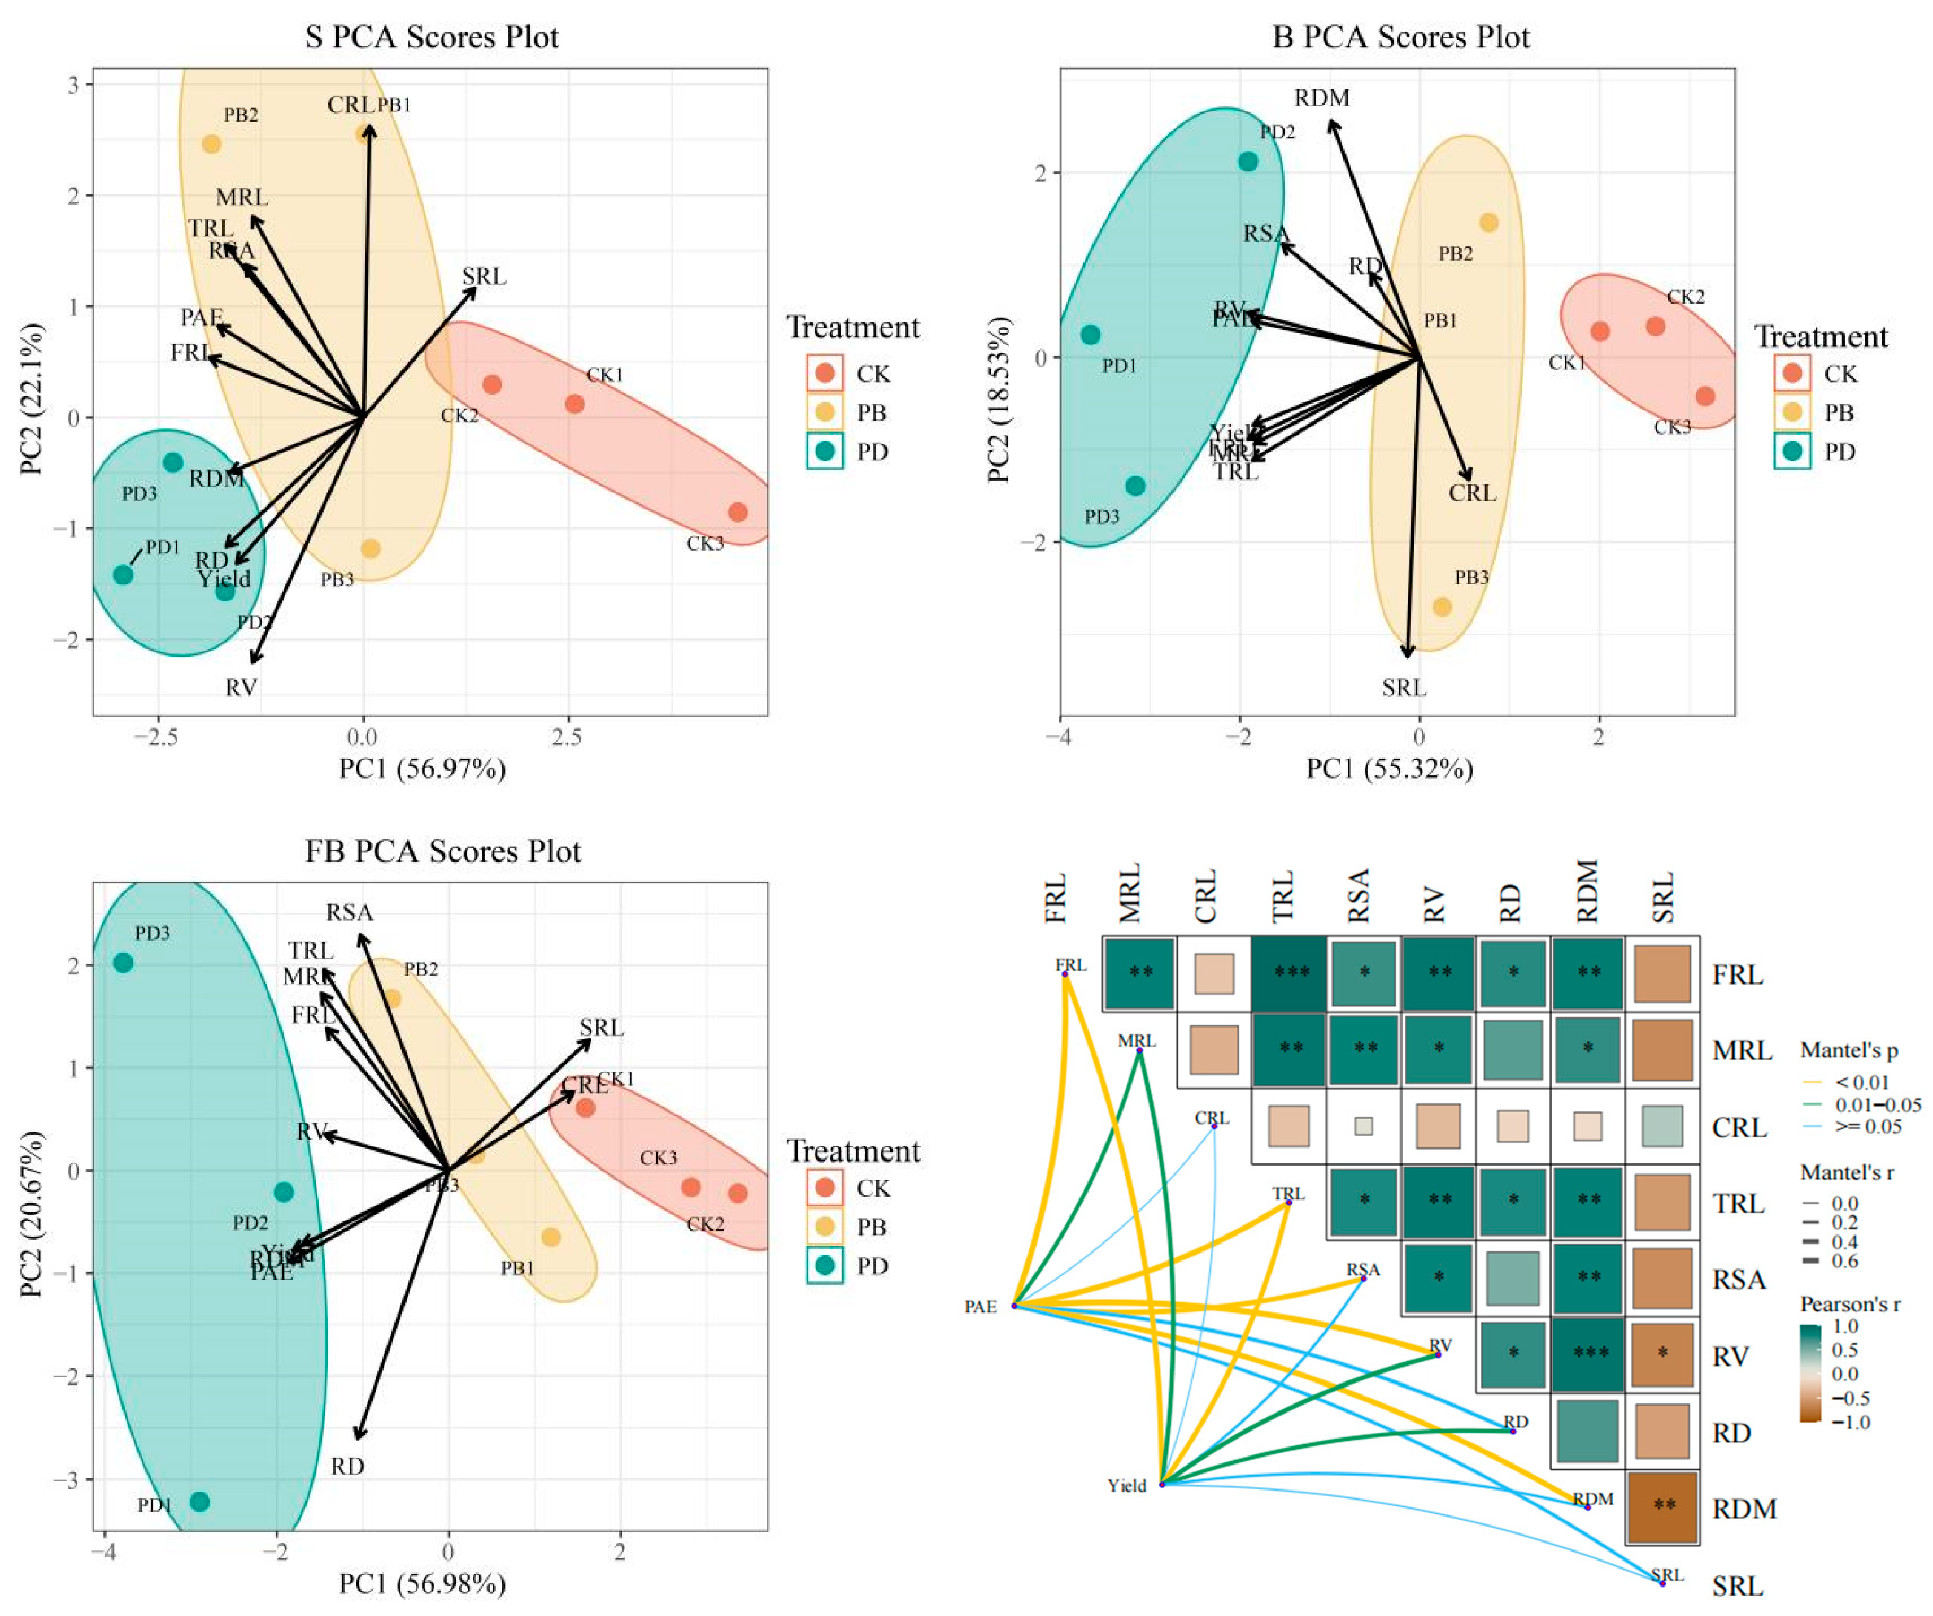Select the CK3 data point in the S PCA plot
click(737, 512)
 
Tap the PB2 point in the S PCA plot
click(212, 144)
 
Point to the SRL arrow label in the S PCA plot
click(484, 276)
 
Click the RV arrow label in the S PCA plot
click(241, 687)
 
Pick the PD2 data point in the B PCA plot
click(1248, 161)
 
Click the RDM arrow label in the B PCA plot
click(1322, 98)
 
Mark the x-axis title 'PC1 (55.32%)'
click(1390, 768)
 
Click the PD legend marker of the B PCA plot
click(1792, 451)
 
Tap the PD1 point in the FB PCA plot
click(199, 1502)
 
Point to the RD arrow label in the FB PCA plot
click(348, 1466)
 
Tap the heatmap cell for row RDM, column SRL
click(1662, 1506)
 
